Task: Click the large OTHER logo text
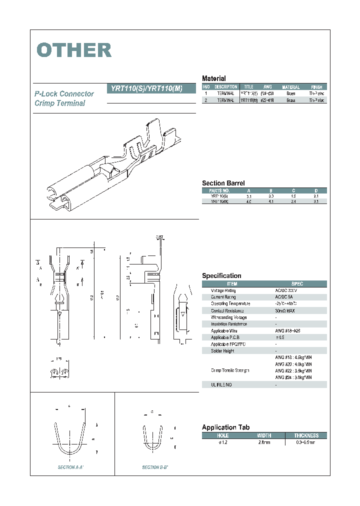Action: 74,50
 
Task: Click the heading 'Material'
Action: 213,78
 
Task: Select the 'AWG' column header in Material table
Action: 267,87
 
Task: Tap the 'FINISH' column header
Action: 316,87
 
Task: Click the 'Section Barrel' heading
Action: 223,183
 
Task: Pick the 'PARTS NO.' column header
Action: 219,190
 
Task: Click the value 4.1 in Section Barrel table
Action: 271,201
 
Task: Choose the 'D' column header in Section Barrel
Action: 315,190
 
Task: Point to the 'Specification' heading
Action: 221,275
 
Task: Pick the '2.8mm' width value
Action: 264,442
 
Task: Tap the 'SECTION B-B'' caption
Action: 155,467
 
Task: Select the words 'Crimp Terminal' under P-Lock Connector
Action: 60,103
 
